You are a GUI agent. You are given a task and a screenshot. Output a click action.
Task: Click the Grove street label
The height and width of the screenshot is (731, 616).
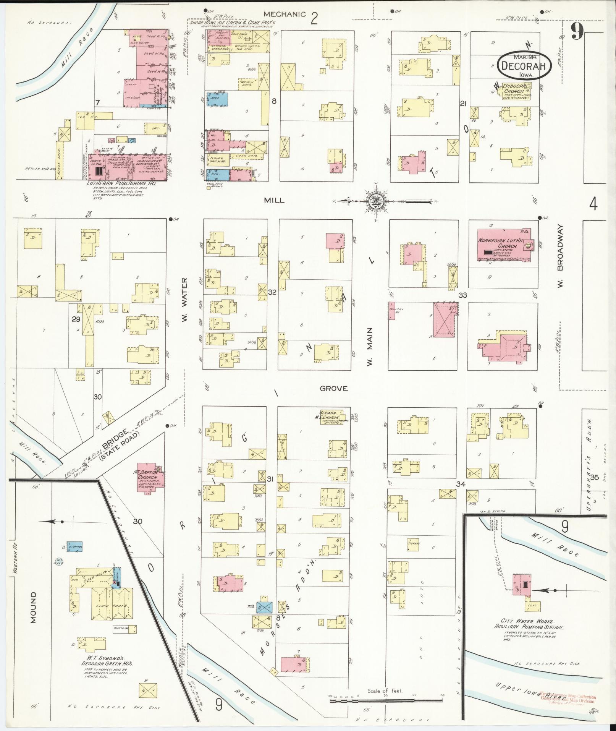334,389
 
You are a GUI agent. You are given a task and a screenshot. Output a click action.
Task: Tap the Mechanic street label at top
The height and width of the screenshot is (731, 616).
285,15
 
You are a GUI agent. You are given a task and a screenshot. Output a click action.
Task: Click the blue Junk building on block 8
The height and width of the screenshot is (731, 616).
218,99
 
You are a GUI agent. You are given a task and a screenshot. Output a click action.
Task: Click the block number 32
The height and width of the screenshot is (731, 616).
272,292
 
